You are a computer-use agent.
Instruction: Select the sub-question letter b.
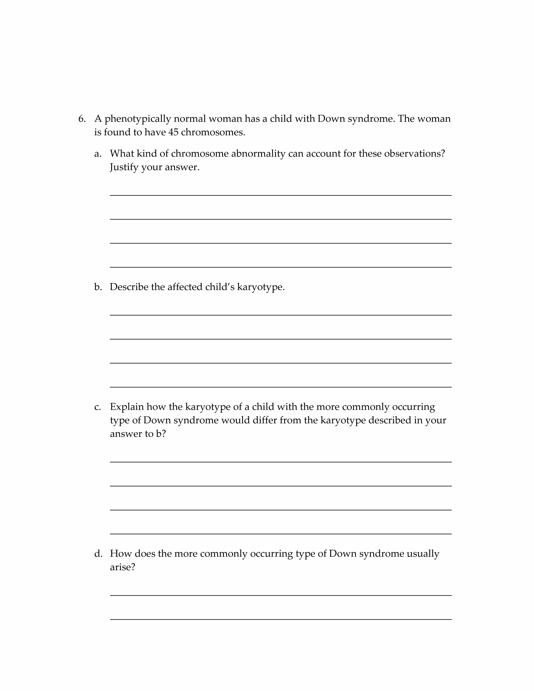point(98,287)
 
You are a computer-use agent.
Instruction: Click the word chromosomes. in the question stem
point(213,132)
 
